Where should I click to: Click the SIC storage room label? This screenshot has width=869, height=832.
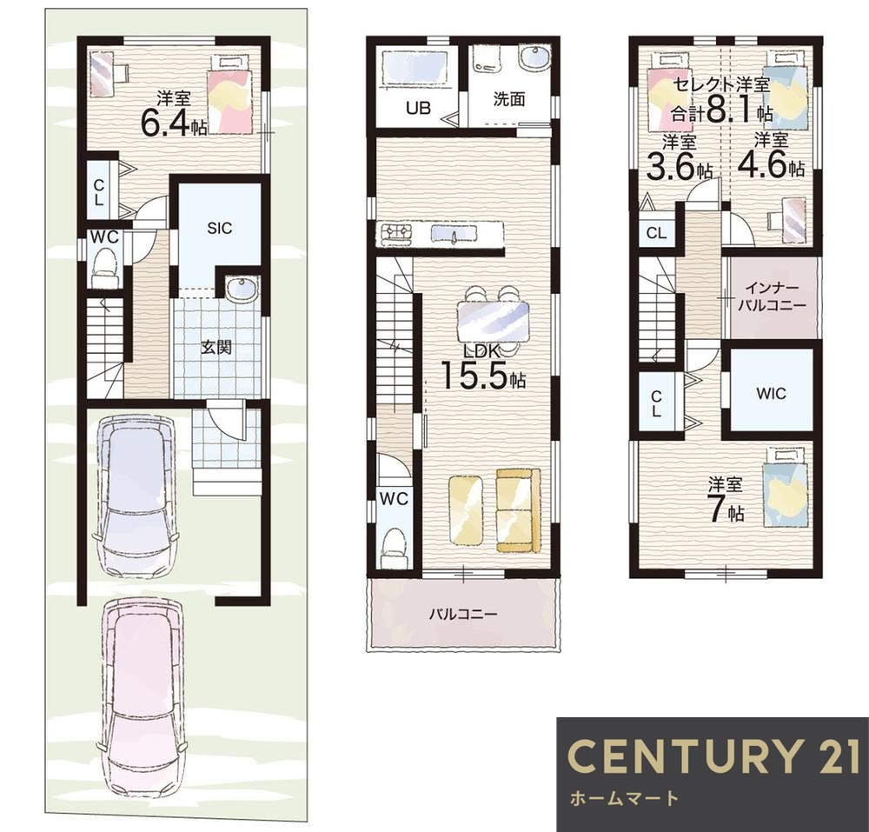click(x=220, y=228)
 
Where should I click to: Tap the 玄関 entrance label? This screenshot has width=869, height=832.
click(x=216, y=348)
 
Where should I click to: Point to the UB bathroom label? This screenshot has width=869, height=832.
click(x=419, y=107)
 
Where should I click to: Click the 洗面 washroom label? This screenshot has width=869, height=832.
click(x=509, y=99)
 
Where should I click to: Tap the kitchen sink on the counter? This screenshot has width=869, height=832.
click(x=454, y=234)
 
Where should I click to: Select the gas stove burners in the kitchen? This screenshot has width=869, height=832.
click(x=394, y=234)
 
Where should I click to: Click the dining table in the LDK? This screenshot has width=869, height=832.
click(x=493, y=322)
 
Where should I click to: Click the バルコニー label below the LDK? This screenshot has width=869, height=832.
click(x=463, y=614)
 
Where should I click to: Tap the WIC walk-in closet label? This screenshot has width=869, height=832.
click(x=771, y=394)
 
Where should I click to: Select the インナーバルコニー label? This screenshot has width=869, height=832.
click(x=772, y=296)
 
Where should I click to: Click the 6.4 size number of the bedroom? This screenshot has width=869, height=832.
click(x=166, y=123)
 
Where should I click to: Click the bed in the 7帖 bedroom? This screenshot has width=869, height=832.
click(x=784, y=488)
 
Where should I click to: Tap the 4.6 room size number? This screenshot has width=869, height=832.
click(x=763, y=164)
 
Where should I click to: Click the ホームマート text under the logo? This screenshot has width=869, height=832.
click(x=624, y=798)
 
